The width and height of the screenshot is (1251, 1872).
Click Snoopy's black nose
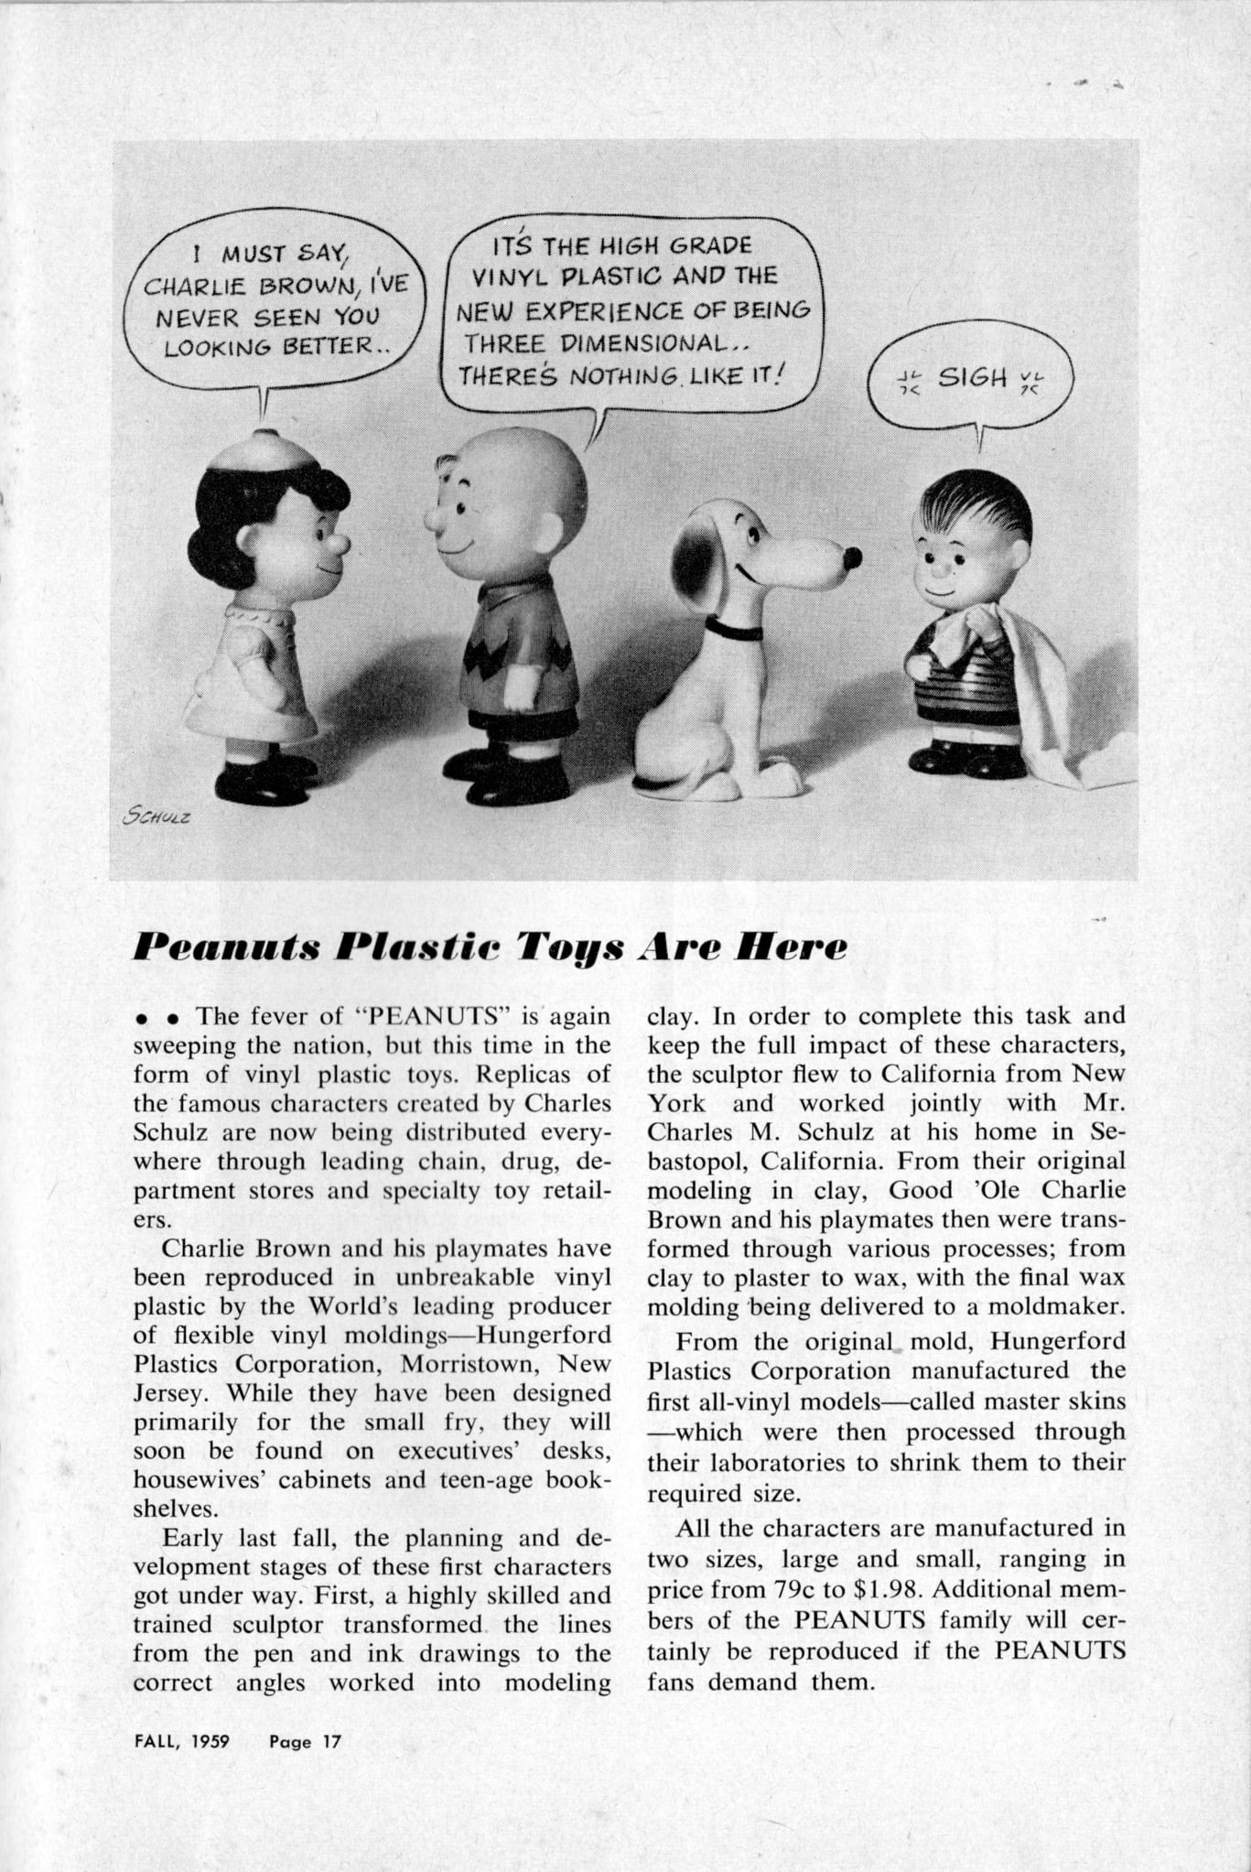[x=852, y=557]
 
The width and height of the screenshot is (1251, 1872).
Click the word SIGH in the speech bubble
[x=972, y=377]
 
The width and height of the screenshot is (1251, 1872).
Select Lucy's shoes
[x=264, y=780]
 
